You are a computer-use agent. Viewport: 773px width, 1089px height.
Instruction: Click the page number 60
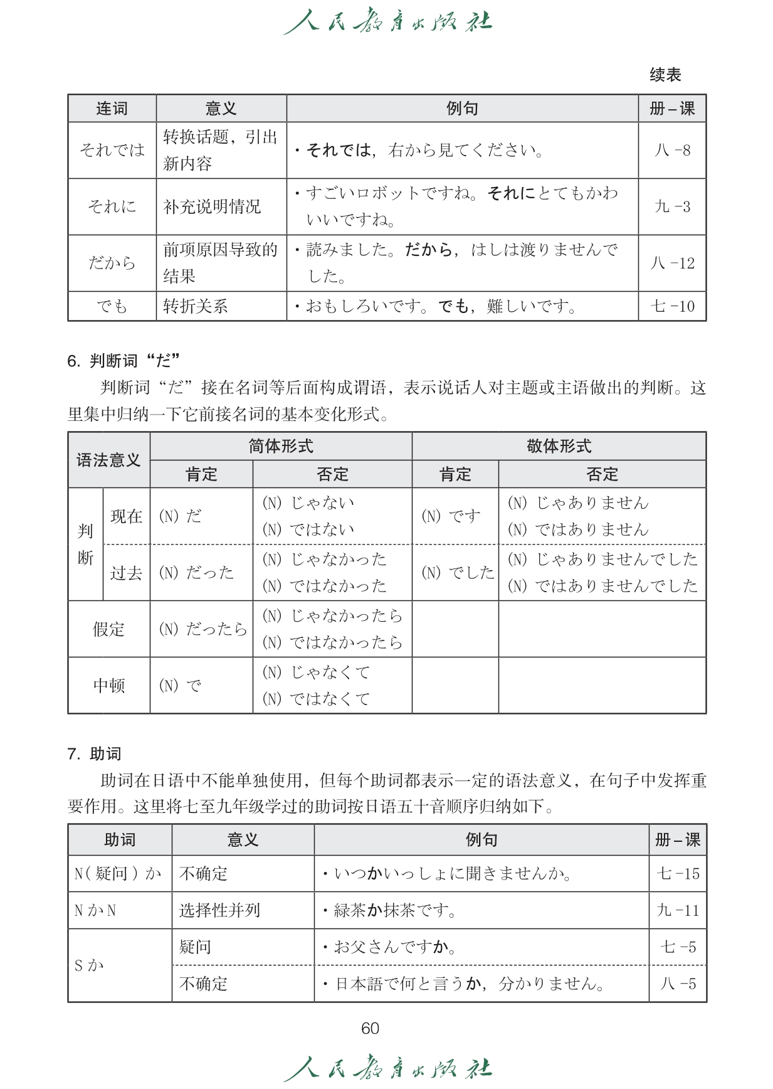pyautogui.click(x=370, y=1028)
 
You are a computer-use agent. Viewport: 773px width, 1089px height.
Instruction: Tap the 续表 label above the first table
pyautogui.click(x=665, y=75)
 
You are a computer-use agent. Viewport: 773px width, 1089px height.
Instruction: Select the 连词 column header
pyautogui.click(x=112, y=109)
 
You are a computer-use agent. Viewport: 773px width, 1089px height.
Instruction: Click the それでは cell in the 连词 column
pyautogui.click(x=112, y=150)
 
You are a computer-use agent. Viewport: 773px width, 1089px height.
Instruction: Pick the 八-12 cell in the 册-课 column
pyautogui.click(x=672, y=263)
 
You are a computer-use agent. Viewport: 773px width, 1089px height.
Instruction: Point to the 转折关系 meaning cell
pyautogui.click(x=195, y=306)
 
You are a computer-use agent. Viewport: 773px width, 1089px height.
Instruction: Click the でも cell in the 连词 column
pyautogui.click(x=112, y=306)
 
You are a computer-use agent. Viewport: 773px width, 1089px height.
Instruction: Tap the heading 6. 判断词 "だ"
pyautogui.click(x=124, y=361)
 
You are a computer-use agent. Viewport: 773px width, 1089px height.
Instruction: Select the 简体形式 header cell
pyautogui.click(x=280, y=446)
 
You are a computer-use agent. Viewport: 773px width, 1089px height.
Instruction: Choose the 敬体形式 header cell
pyautogui.click(x=559, y=446)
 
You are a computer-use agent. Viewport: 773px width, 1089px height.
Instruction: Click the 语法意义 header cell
pyautogui.click(x=108, y=460)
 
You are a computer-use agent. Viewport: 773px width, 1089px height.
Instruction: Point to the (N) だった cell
pyautogui.click(x=196, y=572)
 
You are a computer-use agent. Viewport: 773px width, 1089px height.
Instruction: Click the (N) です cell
pyautogui.click(x=451, y=516)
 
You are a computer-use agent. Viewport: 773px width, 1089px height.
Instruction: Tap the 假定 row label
pyautogui.click(x=108, y=629)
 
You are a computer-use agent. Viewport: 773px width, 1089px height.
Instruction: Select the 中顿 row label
pyautogui.click(x=108, y=685)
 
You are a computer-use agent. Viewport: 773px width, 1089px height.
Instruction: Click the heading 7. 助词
pyautogui.click(x=95, y=753)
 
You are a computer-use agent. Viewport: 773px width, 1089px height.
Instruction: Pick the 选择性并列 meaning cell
pyautogui.click(x=219, y=910)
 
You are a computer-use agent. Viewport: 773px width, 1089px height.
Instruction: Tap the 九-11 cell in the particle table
pyautogui.click(x=677, y=910)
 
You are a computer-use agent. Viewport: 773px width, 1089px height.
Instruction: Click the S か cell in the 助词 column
pyautogui.click(x=89, y=965)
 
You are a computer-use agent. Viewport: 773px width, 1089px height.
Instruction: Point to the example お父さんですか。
pyautogui.click(x=394, y=947)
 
